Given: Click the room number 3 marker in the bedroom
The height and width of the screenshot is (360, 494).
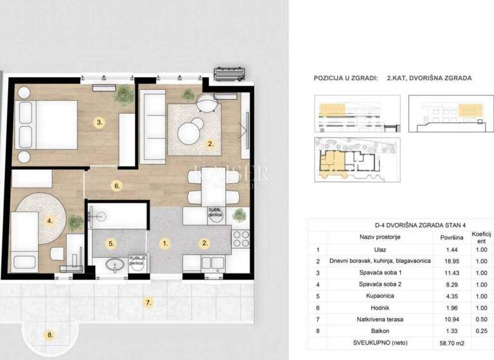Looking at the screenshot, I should point(98,122).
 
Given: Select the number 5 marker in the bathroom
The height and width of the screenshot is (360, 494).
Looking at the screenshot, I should point(112,244).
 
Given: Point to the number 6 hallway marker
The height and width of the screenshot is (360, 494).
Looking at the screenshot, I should point(116,186).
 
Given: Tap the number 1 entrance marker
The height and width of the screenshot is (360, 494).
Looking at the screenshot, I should point(165,244).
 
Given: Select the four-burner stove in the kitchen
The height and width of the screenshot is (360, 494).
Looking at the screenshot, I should point(241,239).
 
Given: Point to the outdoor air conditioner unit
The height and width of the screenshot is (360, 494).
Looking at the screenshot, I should point(230,73).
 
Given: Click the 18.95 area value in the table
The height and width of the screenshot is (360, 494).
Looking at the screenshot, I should point(449,261).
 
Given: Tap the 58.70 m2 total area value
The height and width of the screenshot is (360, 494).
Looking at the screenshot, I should point(449,342).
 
